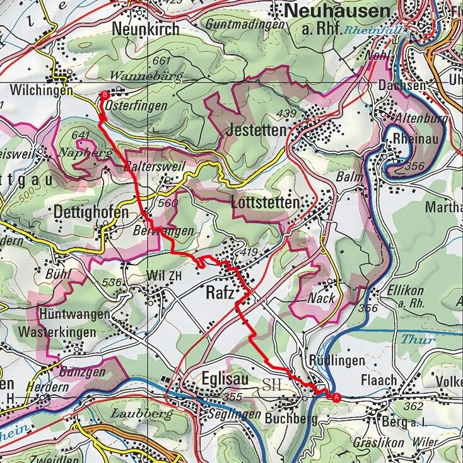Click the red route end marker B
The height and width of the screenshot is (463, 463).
click(104, 94)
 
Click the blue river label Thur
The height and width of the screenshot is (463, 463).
click(418, 340)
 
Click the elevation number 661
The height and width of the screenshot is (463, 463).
click(161, 60)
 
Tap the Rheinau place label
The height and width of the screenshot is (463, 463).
click(415, 138)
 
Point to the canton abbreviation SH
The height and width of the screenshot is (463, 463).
click(272, 384)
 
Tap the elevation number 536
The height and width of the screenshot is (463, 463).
click(112, 283)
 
